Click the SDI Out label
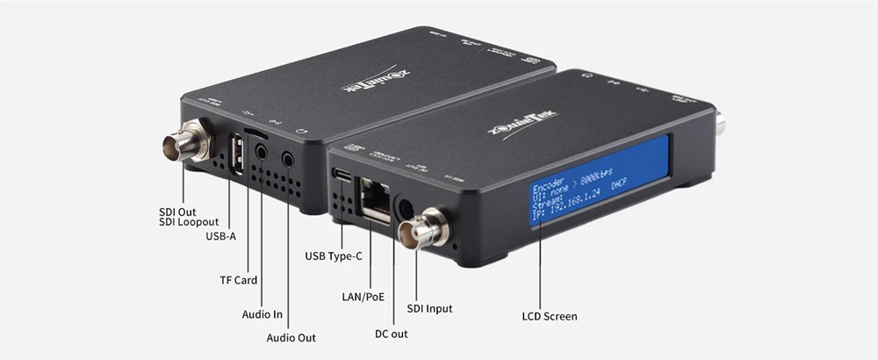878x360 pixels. tap(177, 212)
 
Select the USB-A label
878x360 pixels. tap(221, 236)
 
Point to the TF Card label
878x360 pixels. tap(238, 280)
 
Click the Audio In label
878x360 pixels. tap(262, 313)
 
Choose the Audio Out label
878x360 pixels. tap(291, 337)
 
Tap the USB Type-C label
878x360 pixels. tap(334, 256)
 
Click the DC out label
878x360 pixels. tap(391, 334)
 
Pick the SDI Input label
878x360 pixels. tap(430, 308)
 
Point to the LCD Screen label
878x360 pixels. tap(549, 315)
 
